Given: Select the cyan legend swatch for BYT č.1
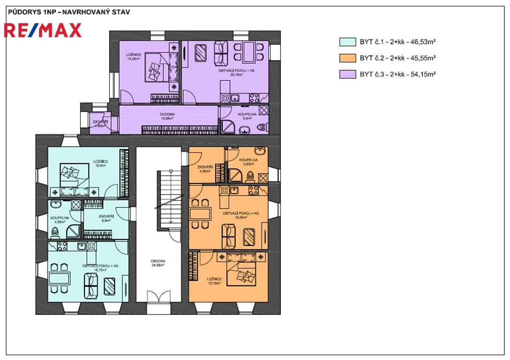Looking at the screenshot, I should pyautogui.click(x=347, y=42).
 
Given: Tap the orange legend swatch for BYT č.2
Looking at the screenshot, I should pyautogui.click(x=347, y=59).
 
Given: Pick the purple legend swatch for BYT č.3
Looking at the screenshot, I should pyautogui.click(x=347, y=75).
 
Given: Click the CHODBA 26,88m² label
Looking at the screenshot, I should pyautogui.click(x=157, y=264).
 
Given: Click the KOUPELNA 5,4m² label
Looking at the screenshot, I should pyautogui.click(x=247, y=116).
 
